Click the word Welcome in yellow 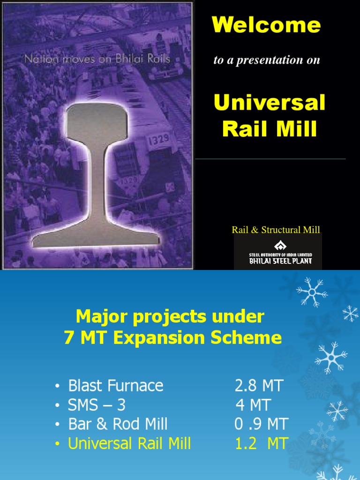266,25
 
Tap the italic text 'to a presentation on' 266,60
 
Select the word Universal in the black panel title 270,103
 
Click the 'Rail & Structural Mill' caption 276,230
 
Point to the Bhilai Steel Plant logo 280,252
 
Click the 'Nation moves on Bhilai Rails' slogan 97,59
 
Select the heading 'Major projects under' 170,317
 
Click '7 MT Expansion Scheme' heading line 172,337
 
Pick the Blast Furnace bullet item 115,386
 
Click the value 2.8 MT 259,386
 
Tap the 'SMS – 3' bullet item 97,405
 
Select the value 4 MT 253,405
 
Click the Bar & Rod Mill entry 118,424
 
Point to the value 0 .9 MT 261,424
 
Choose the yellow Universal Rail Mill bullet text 129,443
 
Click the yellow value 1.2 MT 261,443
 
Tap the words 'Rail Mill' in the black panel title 270,129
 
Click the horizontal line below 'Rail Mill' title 270,159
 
